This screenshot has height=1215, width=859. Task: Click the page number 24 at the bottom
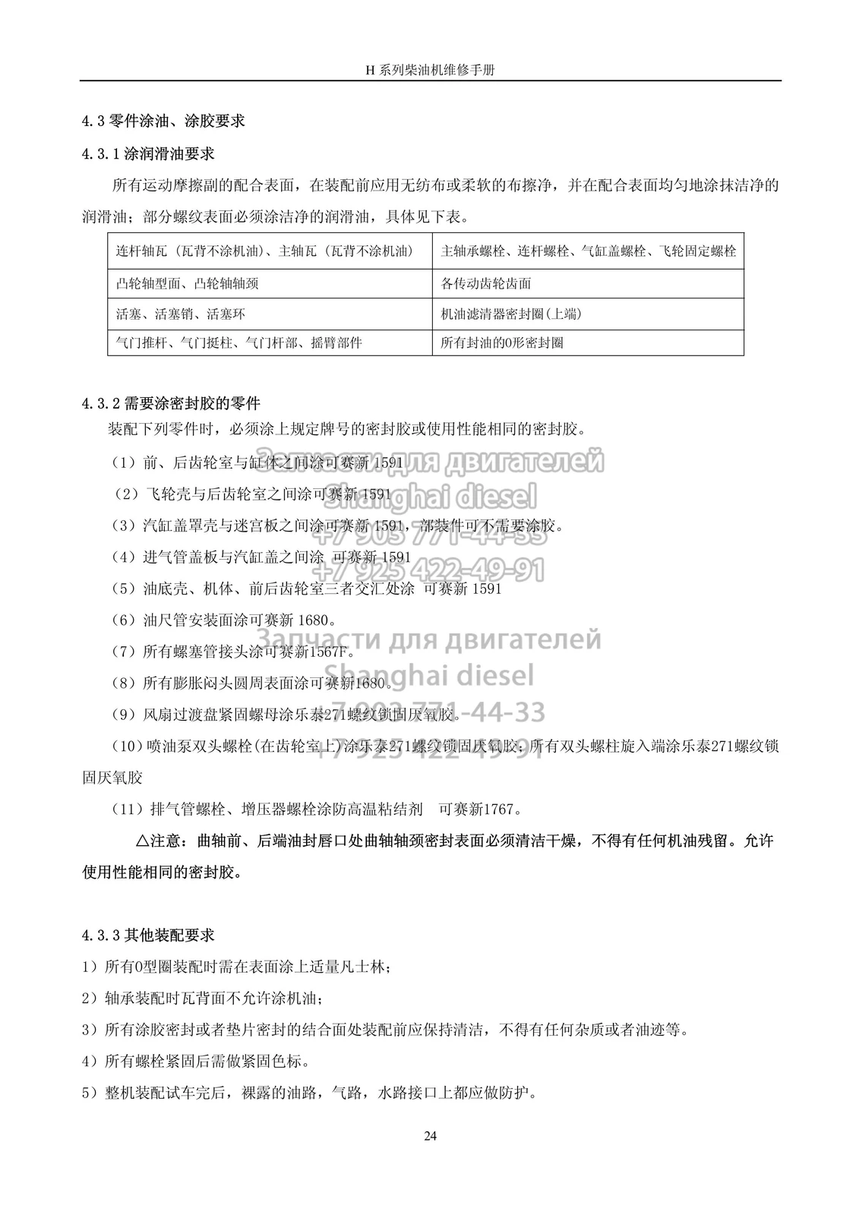pos(430,1136)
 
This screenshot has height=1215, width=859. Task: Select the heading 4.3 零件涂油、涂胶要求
pos(163,121)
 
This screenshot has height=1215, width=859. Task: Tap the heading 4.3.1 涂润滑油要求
pos(148,153)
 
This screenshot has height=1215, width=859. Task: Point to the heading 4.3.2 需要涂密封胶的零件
pos(171,403)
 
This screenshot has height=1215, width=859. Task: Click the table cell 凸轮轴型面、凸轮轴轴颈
pos(188,283)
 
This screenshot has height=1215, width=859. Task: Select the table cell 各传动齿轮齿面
pos(486,283)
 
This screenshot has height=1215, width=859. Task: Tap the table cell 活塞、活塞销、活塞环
pos(181,314)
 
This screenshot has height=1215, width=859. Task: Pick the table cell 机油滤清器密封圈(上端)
pos(511,314)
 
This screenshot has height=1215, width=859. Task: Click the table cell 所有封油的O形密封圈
pos(502,342)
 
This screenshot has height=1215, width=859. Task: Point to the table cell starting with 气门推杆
pos(238,342)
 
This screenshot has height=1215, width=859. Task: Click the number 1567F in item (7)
pos(330,652)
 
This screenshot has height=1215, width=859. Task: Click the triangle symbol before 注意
pos(142,841)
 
